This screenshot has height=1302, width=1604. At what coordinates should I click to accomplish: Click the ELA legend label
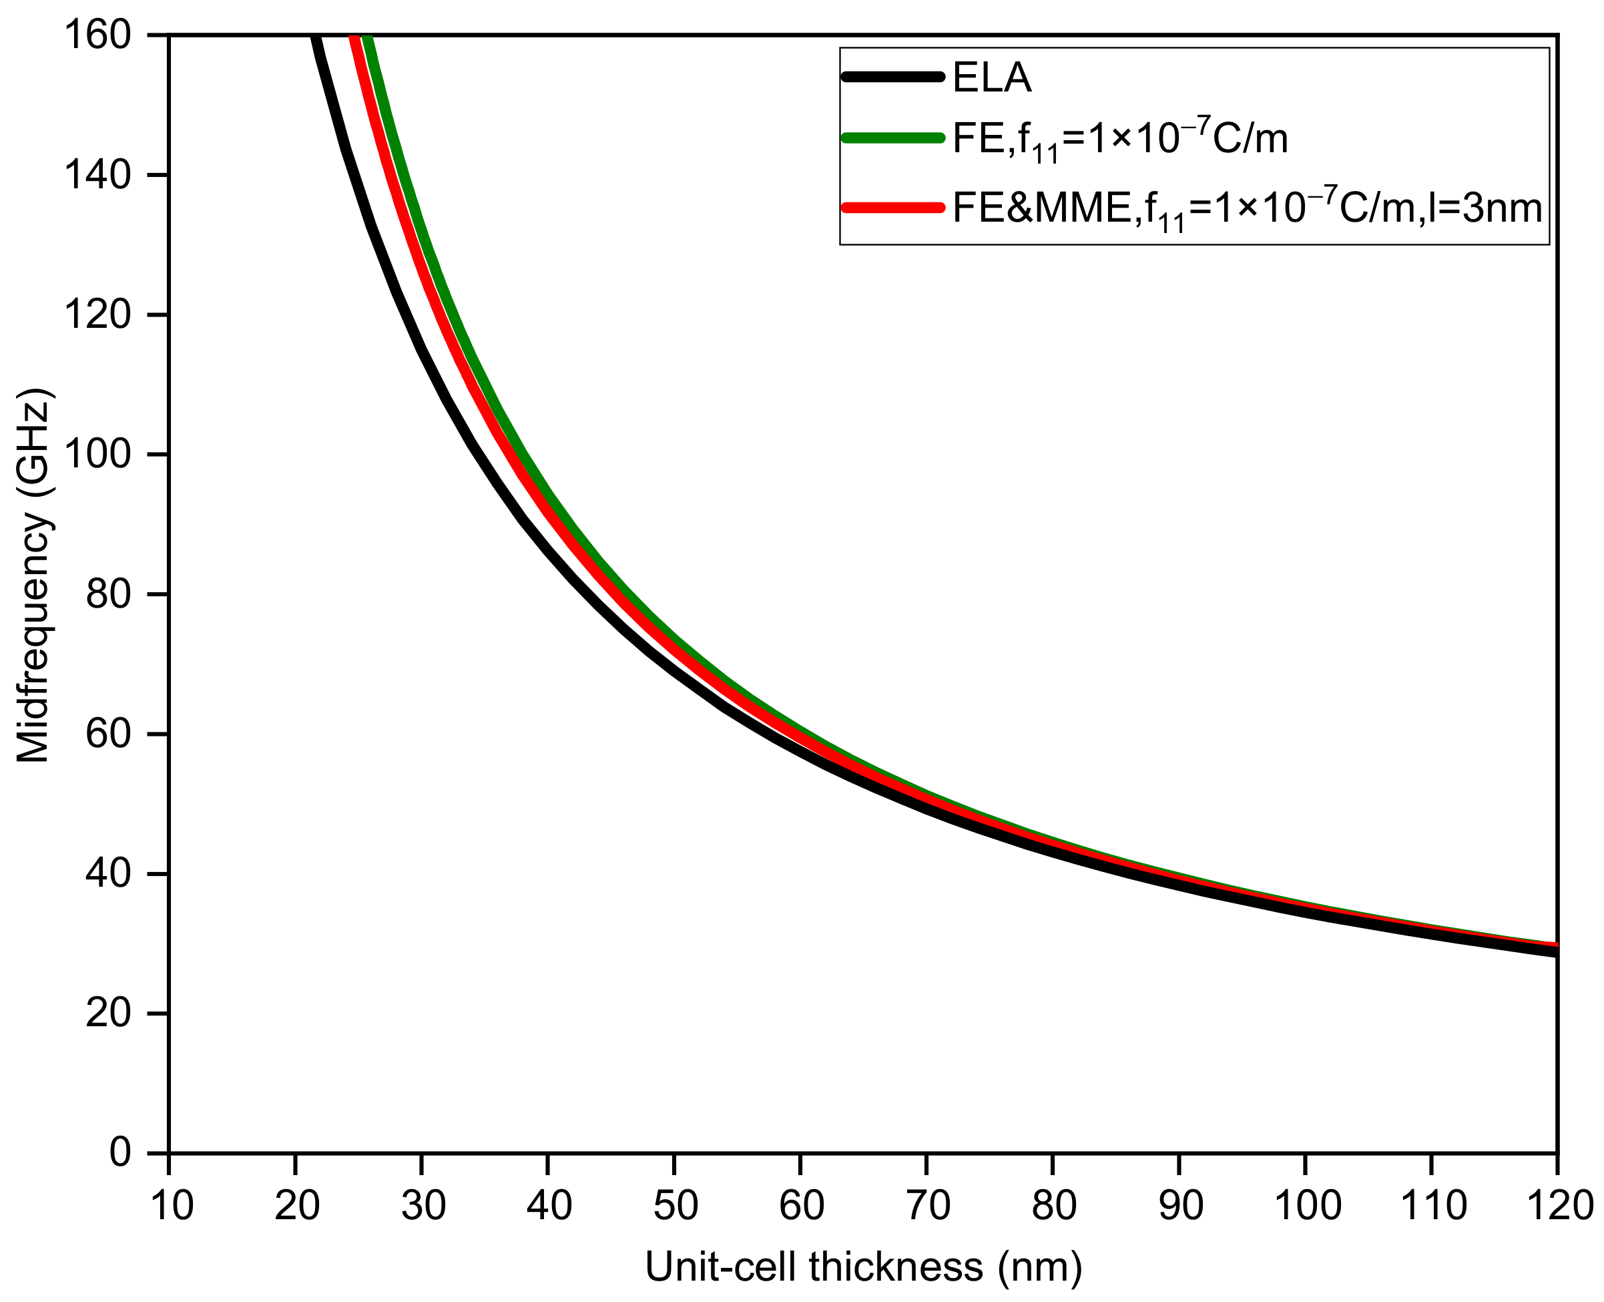[x=991, y=77]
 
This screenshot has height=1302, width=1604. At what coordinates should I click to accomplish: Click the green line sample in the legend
[x=892, y=138]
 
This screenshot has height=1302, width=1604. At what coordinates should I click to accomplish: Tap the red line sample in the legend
[x=892, y=208]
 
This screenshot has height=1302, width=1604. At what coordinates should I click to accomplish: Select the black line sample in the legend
[x=892, y=75]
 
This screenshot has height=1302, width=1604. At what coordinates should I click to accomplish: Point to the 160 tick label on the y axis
[x=97, y=35]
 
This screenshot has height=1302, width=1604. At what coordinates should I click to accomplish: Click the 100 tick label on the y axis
[x=97, y=455]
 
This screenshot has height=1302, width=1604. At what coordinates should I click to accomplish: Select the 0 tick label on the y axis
[x=120, y=1152]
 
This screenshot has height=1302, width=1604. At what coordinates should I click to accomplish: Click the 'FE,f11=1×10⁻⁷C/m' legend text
[x=1119, y=139]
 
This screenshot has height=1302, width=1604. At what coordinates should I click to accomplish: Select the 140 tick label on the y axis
[x=97, y=176]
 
